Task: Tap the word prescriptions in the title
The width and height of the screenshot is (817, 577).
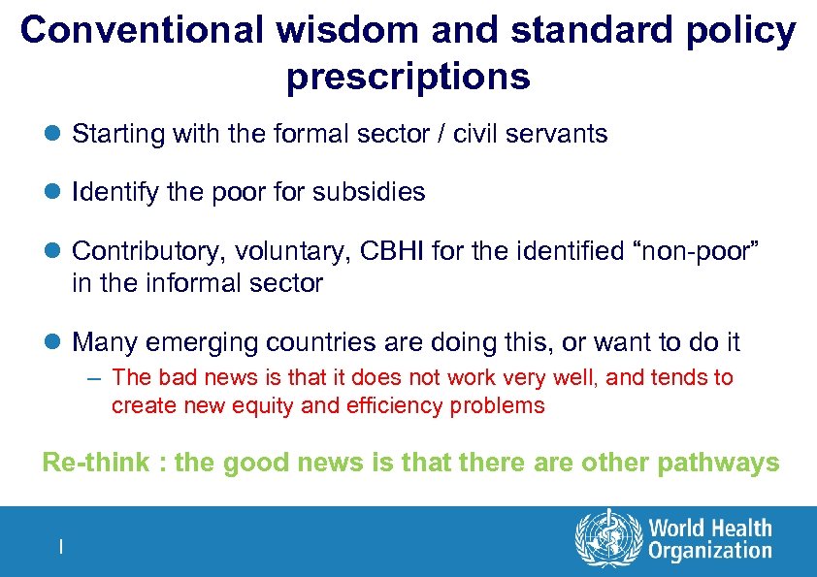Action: point(408,77)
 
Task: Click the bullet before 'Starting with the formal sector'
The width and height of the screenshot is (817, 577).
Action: point(54,134)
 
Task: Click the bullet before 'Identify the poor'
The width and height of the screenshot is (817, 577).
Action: point(54,192)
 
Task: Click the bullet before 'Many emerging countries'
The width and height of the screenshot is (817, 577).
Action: point(54,342)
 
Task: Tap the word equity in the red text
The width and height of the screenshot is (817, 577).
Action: point(265,405)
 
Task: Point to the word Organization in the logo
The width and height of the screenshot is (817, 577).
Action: point(709,552)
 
